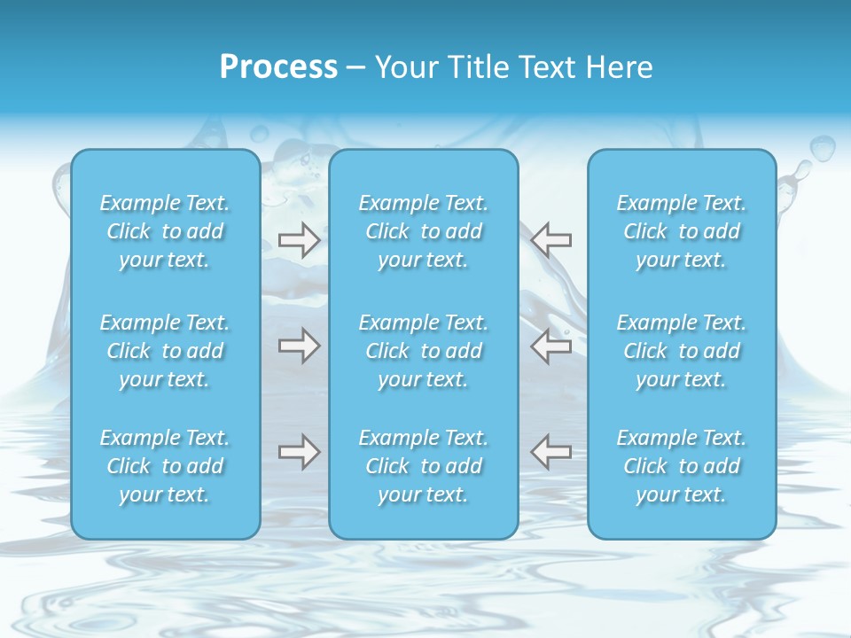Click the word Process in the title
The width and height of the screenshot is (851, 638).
click(x=278, y=67)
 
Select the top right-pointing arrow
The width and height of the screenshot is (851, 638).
click(x=299, y=240)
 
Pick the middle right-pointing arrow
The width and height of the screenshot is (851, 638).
click(x=299, y=346)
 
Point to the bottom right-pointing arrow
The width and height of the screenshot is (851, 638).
click(x=299, y=452)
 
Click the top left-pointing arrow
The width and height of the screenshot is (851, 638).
click(x=551, y=240)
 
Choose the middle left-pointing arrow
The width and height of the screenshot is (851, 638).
click(x=551, y=346)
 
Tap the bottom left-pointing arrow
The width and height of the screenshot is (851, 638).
click(x=551, y=452)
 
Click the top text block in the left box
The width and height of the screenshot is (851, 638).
click(x=165, y=231)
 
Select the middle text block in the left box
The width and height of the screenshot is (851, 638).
click(x=165, y=351)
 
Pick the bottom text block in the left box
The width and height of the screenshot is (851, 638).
click(x=165, y=466)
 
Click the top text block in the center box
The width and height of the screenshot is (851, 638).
click(x=424, y=231)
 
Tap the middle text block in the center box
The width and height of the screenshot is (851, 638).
click(x=424, y=351)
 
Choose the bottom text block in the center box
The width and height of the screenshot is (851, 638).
click(x=424, y=466)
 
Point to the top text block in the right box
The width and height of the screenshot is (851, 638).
click(x=682, y=231)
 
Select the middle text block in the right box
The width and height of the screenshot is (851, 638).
click(x=682, y=351)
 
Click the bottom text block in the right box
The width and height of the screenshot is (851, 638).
click(x=682, y=466)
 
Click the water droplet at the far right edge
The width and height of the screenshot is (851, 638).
click(x=823, y=147)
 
